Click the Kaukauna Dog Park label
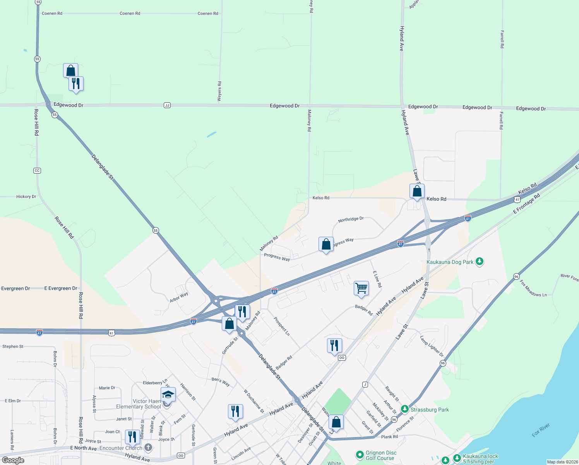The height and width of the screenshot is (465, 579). (x=450, y=262)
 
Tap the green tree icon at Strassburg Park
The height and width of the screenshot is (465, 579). (x=405, y=409)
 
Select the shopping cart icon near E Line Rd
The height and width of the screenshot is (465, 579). (x=361, y=288)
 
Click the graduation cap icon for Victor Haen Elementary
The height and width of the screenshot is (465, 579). (x=168, y=394)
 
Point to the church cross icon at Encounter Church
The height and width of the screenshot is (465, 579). (x=148, y=448)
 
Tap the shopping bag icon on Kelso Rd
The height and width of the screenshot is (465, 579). (x=417, y=191)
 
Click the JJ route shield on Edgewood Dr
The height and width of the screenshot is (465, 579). (x=167, y=105)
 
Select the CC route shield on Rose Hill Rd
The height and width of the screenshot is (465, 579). (x=37, y=170)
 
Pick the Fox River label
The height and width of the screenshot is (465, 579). (x=541, y=430)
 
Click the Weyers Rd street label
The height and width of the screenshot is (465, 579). (x=219, y=91)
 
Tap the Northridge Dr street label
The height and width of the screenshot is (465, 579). (x=351, y=219)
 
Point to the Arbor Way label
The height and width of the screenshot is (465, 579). (x=179, y=297)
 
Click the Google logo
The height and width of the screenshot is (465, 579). (x=13, y=460)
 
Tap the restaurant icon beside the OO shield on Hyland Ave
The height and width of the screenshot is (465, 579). (x=334, y=345)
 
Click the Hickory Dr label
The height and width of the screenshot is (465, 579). (x=26, y=197)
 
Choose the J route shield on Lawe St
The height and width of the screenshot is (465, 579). (x=365, y=384)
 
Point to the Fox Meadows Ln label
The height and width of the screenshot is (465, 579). (x=533, y=289)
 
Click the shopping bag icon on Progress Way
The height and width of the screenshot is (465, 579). (x=326, y=245)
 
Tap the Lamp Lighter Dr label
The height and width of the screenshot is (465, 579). (x=432, y=346)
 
